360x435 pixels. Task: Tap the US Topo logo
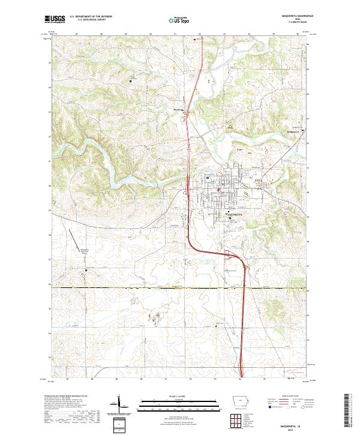pos(179,20)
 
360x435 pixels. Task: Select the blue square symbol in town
pos(207,178)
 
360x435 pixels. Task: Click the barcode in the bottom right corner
pos(352,414)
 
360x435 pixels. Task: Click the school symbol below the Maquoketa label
pos(230,218)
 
